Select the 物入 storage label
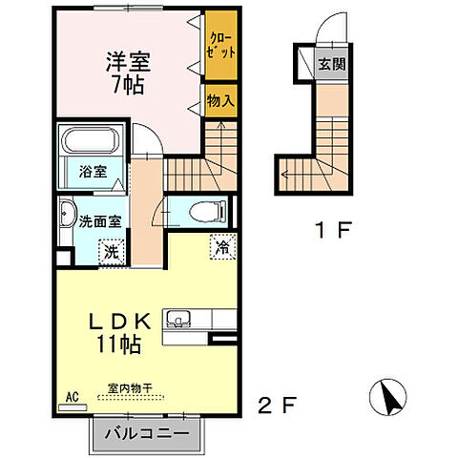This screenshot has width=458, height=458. tap(218, 100)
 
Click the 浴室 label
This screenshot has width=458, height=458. tap(93, 175)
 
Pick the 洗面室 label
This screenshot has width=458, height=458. tap(99, 220)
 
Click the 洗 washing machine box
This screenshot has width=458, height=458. tap(112, 253)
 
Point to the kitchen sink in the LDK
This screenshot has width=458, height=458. tap(180, 320)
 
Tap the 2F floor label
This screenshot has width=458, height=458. tap(272, 406)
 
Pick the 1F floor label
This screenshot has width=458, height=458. tap(337, 231)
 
